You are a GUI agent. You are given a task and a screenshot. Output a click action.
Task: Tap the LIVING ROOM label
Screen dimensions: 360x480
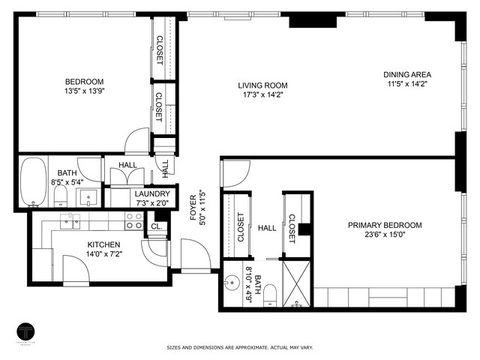[x=262, y=85]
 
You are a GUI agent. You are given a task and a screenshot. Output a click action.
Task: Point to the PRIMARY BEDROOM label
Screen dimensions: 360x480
[x=385, y=226]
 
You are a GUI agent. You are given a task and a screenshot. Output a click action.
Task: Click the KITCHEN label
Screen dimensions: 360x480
[x=104, y=244]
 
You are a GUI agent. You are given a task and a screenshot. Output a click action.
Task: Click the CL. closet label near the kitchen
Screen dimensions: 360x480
[x=156, y=227]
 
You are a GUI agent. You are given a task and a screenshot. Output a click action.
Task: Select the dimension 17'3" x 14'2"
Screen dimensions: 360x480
[x=262, y=96]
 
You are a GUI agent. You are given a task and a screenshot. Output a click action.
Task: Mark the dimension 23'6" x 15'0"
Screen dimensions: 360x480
[x=385, y=237]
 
